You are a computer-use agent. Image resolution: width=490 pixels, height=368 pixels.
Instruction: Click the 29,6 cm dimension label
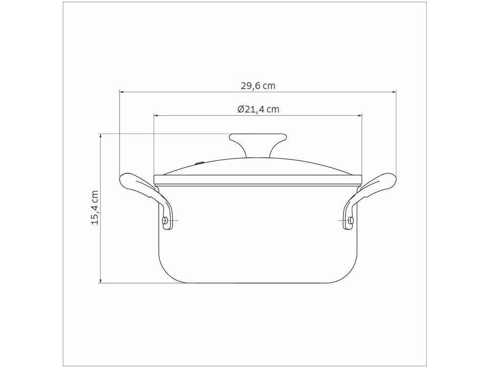click(x=258, y=86)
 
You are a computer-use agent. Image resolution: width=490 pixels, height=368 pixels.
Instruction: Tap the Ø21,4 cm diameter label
click(x=258, y=109)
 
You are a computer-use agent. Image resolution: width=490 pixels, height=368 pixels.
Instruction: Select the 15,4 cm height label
click(x=95, y=207)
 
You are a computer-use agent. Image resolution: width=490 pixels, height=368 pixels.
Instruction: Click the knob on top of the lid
click(x=258, y=144)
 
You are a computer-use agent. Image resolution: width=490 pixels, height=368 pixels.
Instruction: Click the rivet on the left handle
click(x=165, y=221)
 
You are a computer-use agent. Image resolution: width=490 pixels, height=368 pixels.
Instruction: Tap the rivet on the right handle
click(x=351, y=221)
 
